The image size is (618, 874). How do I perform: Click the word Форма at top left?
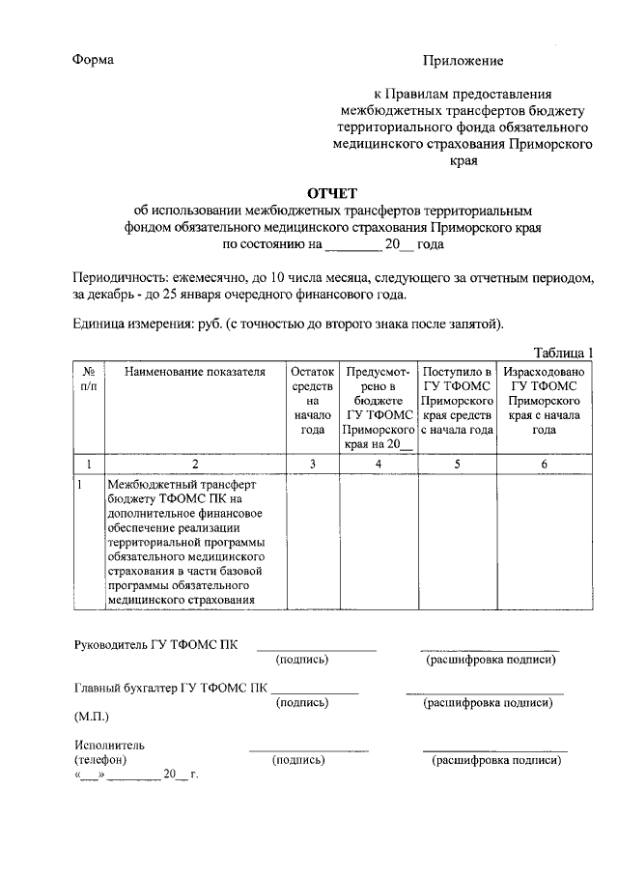(94, 60)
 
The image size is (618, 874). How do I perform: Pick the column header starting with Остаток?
(312, 400)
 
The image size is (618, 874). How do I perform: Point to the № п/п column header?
(88, 378)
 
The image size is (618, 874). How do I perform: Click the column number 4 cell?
(379, 464)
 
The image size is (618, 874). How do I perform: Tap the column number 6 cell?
(544, 464)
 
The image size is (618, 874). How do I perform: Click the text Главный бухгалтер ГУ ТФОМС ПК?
(171, 689)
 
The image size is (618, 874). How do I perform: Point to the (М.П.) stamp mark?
(92, 718)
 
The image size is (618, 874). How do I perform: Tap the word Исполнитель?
(109, 746)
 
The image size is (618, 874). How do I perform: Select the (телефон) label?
(100, 760)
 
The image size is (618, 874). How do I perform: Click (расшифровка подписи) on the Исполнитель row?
(495, 760)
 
